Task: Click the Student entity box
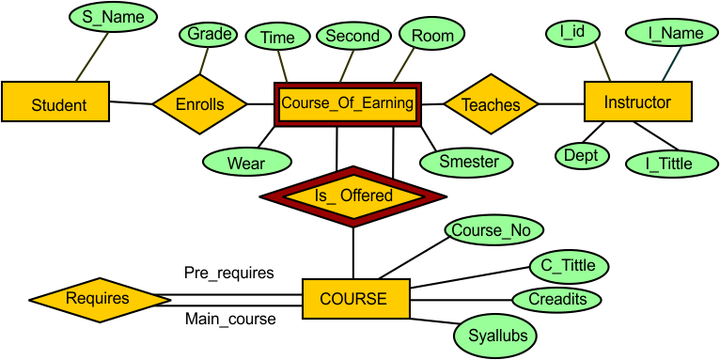coord(58,103)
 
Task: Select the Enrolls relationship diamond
coord(199,103)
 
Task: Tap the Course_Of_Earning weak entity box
coord(348,103)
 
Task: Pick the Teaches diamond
coord(491,104)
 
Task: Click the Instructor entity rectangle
coord(637,102)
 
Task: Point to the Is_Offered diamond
coord(353,196)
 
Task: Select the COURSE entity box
coord(353,299)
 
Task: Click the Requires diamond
coord(98,299)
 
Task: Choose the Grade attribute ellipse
coord(209,35)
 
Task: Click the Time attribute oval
coord(277,38)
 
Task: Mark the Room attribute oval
coord(432,36)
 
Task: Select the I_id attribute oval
coord(572,34)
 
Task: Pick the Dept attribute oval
coord(582,155)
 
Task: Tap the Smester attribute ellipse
coord(469,161)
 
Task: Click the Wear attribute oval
coord(246,162)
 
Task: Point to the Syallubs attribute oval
coord(496,334)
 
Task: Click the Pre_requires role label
coord(229,273)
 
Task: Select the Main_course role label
coord(230,320)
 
